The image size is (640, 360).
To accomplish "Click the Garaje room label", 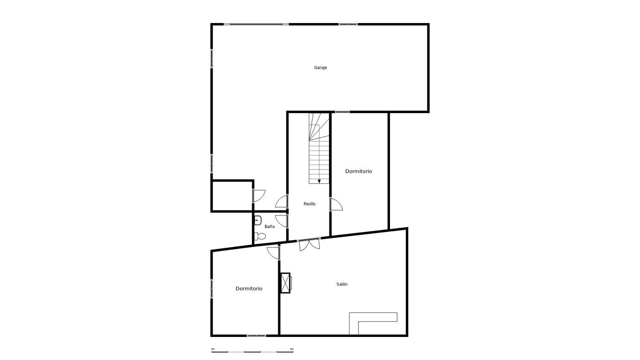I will [x=320, y=68].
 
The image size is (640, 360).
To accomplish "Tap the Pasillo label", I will [x=309, y=204].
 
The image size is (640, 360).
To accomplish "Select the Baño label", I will [x=270, y=226].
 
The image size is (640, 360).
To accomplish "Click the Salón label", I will [x=342, y=284].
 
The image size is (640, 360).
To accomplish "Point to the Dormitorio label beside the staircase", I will [x=358, y=171].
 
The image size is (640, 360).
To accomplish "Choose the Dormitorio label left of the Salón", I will [x=249, y=289].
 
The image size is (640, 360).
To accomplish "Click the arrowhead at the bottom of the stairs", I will [x=319, y=181].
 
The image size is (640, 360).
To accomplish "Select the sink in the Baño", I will [x=257, y=221].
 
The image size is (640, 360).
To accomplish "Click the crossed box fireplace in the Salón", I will [x=285, y=283].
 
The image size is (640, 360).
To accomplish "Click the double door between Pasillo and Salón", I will [x=309, y=244].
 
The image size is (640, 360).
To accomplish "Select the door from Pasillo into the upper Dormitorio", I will [x=336, y=204].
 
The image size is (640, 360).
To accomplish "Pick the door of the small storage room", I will [x=259, y=196].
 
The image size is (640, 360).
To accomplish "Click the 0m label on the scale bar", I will [x=213, y=349].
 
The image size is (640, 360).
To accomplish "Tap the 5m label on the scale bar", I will [x=292, y=349].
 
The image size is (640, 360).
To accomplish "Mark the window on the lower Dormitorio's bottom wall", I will [x=256, y=336].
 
